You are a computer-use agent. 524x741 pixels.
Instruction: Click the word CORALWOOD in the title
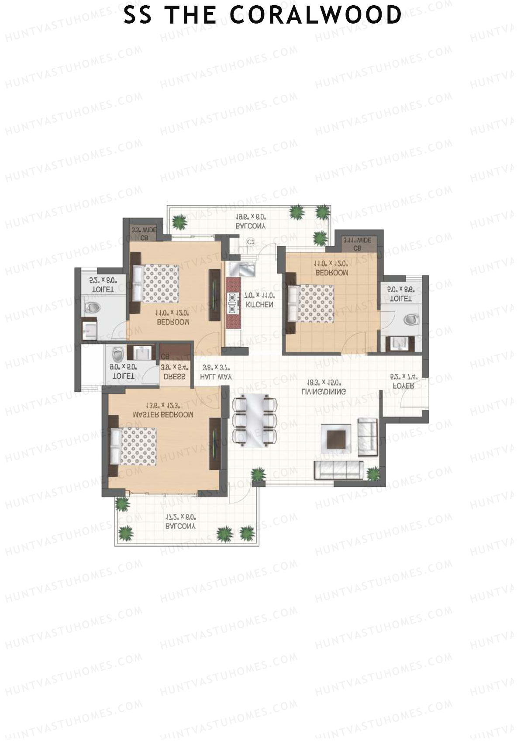coord(315,15)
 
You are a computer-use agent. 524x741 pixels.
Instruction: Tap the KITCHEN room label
coord(259,305)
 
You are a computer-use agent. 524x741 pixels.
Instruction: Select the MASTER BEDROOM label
coord(163,415)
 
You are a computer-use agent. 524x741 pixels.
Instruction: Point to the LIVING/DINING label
coord(324,392)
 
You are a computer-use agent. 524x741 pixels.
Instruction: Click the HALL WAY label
coord(216,376)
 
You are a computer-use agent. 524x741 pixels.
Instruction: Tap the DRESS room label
coord(175,376)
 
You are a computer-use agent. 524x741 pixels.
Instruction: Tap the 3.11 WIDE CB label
coord(357,244)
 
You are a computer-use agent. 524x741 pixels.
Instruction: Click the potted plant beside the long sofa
coord(373,473)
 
